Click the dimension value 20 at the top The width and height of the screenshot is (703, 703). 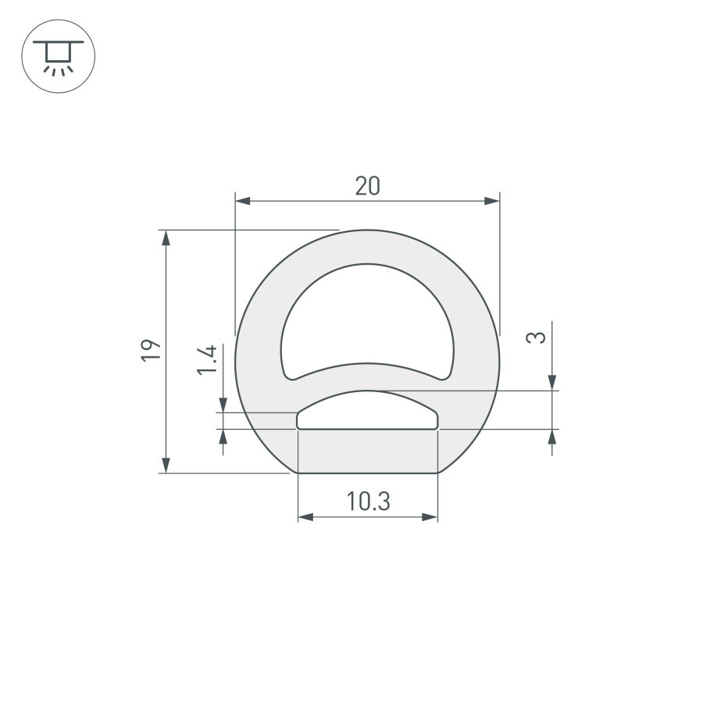(367, 186)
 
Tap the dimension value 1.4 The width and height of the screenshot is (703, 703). (206, 360)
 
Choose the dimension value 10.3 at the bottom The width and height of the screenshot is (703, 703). (368, 501)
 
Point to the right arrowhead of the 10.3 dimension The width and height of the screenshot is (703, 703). (430, 517)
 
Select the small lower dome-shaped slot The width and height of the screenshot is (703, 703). (367, 412)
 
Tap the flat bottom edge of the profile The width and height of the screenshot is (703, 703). (367, 473)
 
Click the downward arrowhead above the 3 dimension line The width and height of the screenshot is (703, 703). (553, 382)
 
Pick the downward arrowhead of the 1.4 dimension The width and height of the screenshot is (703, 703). (223, 405)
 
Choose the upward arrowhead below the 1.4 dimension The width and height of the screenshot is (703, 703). (223, 437)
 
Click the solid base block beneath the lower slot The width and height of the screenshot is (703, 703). (367, 451)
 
